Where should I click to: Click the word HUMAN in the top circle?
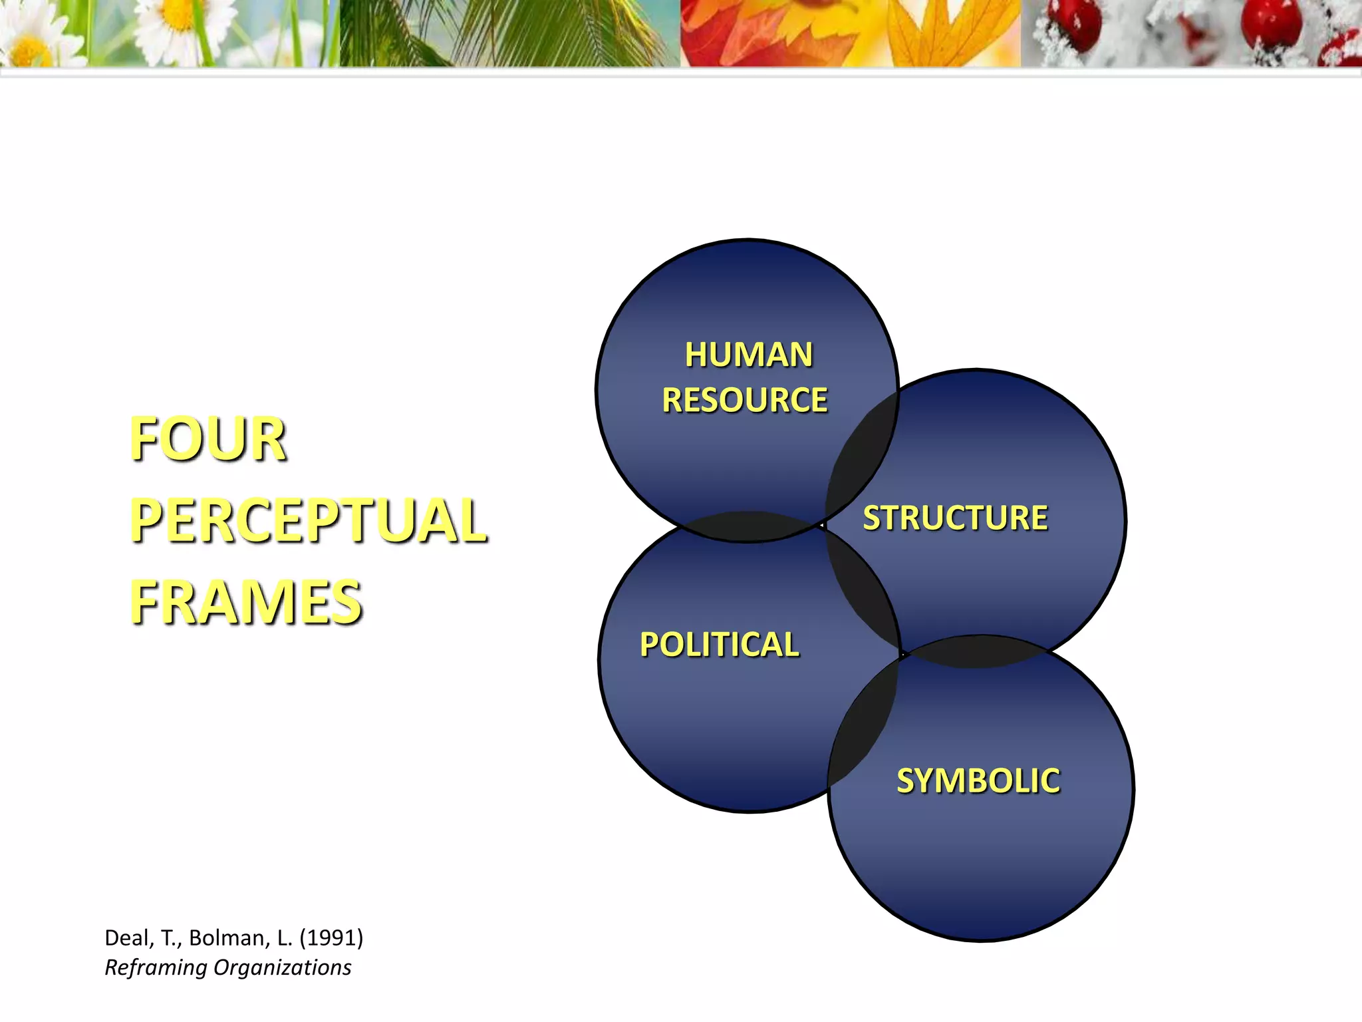click(748, 355)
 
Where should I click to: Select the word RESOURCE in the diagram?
click(745, 401)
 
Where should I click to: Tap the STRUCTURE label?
click(955, 518)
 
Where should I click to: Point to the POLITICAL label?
click(719, 645)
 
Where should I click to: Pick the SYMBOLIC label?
click(978, 781)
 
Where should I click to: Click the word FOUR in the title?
click(208, 439)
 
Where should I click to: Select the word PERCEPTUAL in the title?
click(309, 520)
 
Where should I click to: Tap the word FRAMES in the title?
click(246, 602)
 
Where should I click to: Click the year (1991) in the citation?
click(331, 937)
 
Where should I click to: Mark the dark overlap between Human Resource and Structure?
click(860, 459)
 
